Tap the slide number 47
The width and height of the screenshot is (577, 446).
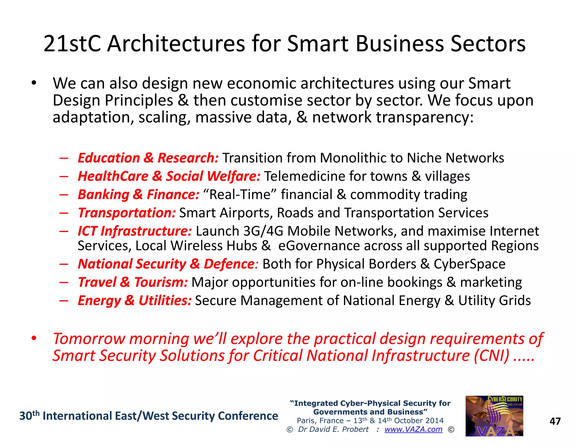(555, 421)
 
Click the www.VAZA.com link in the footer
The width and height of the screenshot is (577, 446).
(413, 429)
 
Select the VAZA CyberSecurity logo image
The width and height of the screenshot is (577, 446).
(494, 416)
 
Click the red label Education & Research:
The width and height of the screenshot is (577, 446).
(148, 158)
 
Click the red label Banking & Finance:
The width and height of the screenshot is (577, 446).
(138, 195)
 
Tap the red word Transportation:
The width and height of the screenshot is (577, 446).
(127, 213)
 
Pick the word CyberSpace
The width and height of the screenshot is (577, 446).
(469, 264)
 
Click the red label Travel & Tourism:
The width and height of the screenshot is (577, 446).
(133, 282)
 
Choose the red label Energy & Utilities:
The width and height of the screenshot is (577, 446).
(135, 301)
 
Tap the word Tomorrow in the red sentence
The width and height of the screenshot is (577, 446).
(89, 339)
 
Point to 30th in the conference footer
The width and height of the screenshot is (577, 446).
(29, 416)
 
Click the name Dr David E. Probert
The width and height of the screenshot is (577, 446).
(333, 429)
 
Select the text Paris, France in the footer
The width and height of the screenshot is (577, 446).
(320, 421)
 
